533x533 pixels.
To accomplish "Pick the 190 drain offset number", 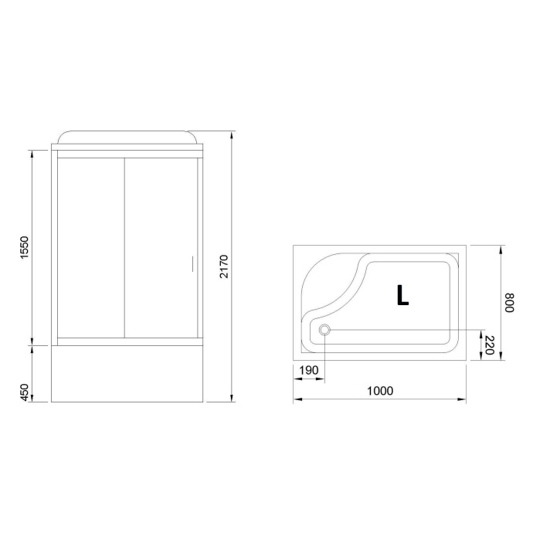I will pos(308,371).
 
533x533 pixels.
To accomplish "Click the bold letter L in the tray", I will pos(402,295).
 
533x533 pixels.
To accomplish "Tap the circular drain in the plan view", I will pos(324,331).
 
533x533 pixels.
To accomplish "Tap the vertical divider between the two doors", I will pos(125,247).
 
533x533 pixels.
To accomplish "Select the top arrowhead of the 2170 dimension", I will pos(233,133).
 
